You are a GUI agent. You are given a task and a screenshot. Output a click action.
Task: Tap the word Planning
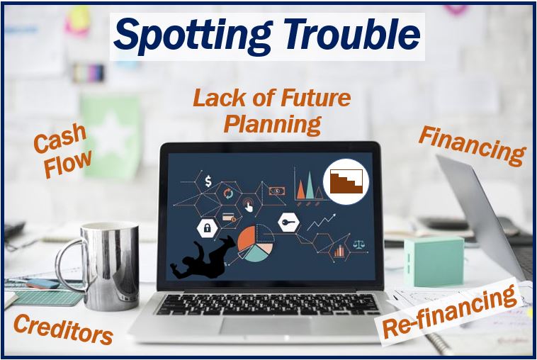click(272, 125)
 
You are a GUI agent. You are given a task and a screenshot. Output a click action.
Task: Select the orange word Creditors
click(63, 329)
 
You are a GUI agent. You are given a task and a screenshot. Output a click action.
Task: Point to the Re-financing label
click(449, 312)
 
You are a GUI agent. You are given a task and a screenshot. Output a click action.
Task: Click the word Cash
click(60, 138)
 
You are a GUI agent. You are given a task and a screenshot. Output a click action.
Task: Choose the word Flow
click(69, 164)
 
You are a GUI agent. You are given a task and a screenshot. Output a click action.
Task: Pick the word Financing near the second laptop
click(473, 146)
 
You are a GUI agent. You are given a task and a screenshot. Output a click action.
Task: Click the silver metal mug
click(103, 266)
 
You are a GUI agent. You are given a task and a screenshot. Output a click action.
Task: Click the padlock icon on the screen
click(208, 227)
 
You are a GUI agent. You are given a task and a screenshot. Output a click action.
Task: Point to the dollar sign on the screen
click(208, 181)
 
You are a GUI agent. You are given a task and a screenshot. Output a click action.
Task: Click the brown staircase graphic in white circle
click(346, 181)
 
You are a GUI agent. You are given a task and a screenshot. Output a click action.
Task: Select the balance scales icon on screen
click(359, 244)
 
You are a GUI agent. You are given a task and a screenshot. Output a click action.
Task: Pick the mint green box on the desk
click(434, 261)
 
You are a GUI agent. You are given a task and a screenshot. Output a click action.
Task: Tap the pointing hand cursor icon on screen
click(248, 205)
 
